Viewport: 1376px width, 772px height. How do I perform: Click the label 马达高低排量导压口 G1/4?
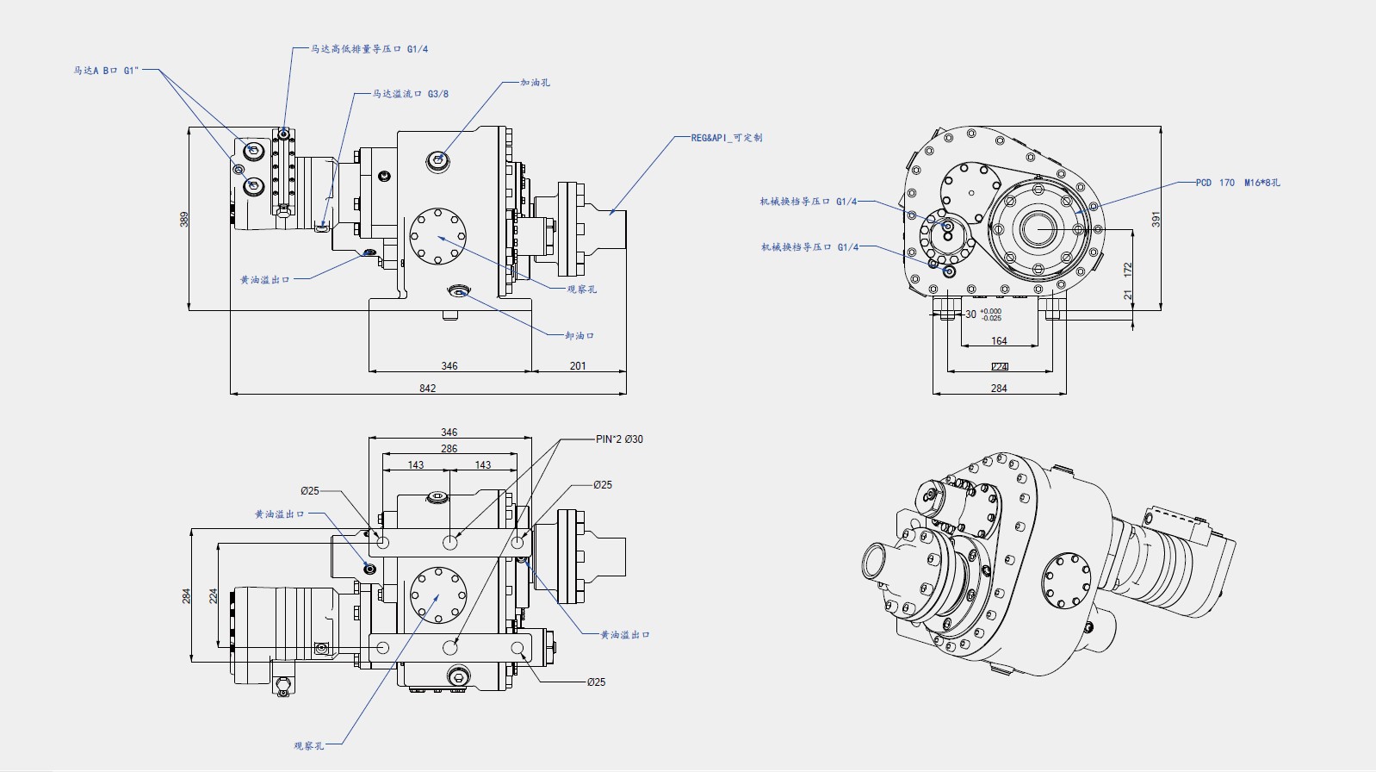click(369, 49)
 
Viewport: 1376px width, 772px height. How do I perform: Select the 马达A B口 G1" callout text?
click(105, 71)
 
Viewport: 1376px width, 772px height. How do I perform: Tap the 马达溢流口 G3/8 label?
click(410, 94)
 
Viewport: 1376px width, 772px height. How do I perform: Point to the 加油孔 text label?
click(535, 83)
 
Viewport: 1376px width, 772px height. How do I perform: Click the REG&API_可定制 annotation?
click(726, 138)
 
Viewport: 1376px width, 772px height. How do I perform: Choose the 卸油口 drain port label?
click(580, 335)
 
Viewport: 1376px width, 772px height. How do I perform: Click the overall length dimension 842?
click(427, 389)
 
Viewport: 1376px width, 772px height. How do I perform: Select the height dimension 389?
click(183, 219)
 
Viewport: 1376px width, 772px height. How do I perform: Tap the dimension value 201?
click(578, 366)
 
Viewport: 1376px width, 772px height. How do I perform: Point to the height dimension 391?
click(1156, 219)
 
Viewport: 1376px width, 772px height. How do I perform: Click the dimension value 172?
click(1128, 270)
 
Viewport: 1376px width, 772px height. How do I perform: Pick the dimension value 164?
click(999, 341)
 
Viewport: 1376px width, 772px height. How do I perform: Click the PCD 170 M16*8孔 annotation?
click(1237, 183)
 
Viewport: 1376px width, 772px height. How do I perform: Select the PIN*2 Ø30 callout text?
click(619, 439)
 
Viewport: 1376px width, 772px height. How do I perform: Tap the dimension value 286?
click(449, 449)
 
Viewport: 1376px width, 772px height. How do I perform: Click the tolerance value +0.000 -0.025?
click(991, 314)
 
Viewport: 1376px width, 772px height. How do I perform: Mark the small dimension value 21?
click(1128, 295)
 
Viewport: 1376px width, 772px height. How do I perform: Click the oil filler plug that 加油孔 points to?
click(438, 159)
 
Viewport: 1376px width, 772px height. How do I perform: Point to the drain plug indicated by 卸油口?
click(457, 291)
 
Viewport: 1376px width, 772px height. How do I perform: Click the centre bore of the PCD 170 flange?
click(1038, 229)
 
